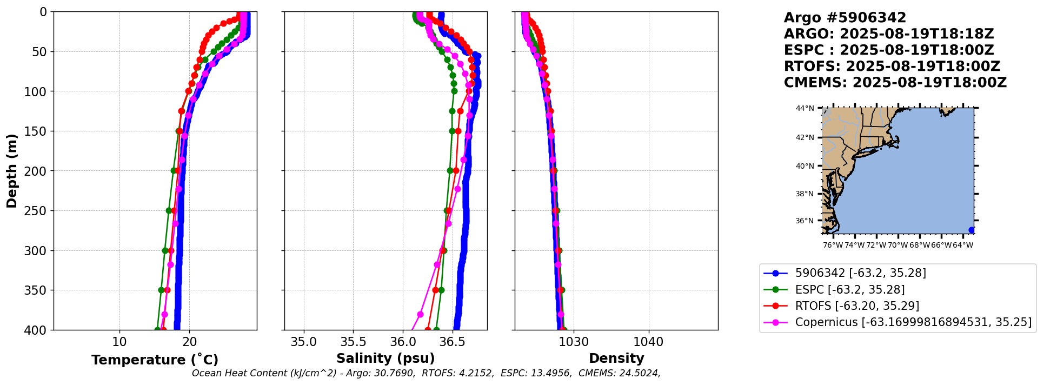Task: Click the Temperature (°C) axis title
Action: (x=155, y=360)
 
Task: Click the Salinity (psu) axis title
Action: (x=385, y=359)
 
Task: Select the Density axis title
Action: (x=616, y=359)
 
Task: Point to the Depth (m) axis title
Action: (x=12, y=171)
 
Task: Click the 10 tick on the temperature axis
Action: (x=119, y=342)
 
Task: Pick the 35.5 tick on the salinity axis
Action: (x=353, y=342)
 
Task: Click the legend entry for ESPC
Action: (x=849, y=290)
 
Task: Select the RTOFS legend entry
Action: (x=856, y=306)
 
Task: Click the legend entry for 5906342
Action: (x=860, y=273)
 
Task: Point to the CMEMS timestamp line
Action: (x=895, y=83)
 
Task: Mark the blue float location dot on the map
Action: (x=972, y=230)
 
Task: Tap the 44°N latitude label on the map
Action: (x=805, y=108)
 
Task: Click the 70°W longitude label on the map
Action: (x=898, y=245)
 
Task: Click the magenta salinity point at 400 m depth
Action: (x=412, y=329)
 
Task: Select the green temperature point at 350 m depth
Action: (x=161, y=290)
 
